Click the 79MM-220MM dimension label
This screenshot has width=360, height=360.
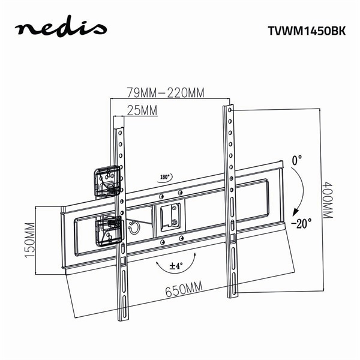click(166, 93)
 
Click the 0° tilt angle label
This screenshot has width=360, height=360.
click(296, 161)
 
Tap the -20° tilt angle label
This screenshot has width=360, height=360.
click(301, 223)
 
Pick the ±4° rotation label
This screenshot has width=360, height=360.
click(176, 265)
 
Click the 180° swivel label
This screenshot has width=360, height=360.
click(166, 177)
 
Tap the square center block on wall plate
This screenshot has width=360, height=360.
click(171, 215)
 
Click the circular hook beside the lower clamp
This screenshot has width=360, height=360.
click(133, 226)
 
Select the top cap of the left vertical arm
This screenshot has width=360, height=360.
click(117, 122)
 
